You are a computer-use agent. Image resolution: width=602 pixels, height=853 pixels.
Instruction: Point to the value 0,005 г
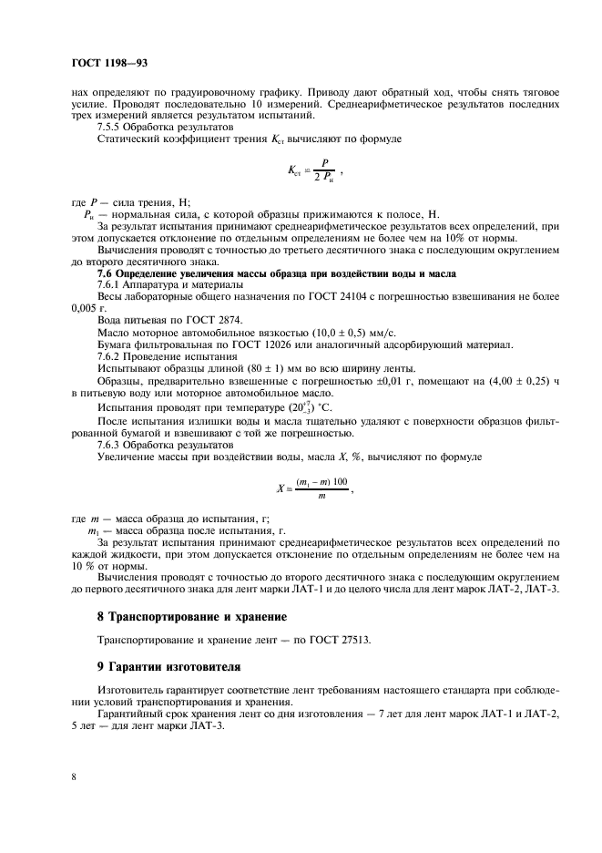tap(88, 309)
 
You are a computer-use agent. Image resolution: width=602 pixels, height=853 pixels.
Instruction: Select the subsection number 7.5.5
tap(110, 128)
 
